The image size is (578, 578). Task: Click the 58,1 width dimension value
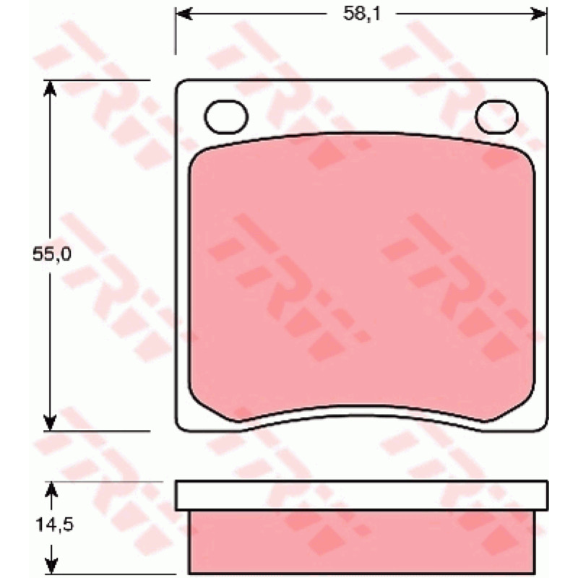[x=361, y=14]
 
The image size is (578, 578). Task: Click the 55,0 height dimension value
[x=51, y=254]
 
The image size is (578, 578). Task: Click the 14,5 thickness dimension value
[x=55, y=525]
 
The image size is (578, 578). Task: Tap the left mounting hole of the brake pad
[x=226, y=116]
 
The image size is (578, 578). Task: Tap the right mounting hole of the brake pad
[x=496, y=116]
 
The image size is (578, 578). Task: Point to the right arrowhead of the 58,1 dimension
[x=538, y=14]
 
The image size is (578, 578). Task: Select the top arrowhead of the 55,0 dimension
[x=50, y=89]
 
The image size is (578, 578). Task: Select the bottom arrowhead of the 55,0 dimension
[x=50, y=422]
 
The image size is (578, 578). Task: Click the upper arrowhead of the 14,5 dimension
[x=51, y=491]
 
